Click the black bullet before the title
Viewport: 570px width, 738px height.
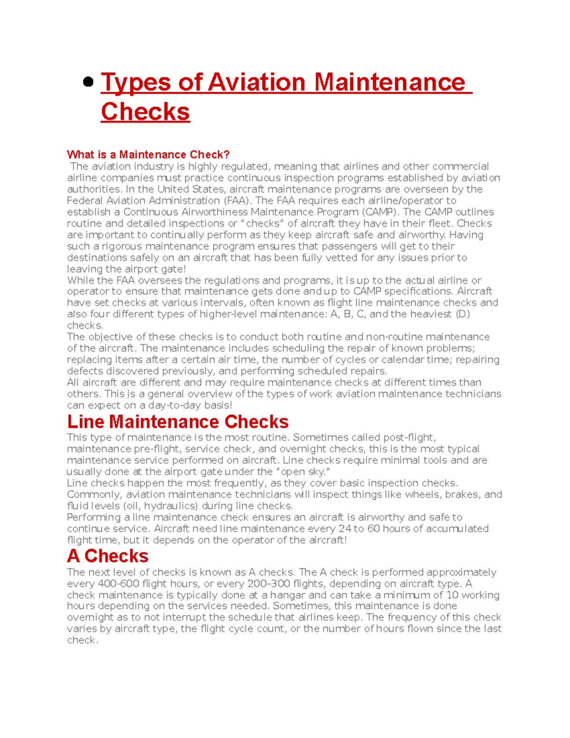[88, 82]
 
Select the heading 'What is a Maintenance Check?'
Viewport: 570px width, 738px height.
[148, 154]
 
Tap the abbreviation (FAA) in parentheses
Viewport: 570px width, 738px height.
[237, 201]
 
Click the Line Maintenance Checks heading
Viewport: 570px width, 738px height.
[178, 422]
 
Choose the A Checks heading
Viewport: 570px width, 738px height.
[108, 556]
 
